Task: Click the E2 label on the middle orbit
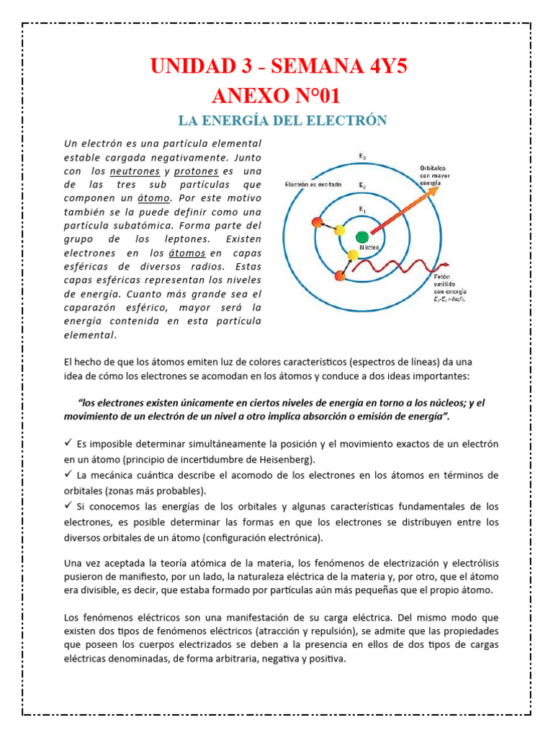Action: [x=362, y=185]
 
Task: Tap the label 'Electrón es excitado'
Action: [x=315, y=184]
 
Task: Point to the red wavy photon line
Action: [x=403, y=268]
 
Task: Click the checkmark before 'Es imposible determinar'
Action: [x=68, y=442]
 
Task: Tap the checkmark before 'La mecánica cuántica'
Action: [x=68, y=474]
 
